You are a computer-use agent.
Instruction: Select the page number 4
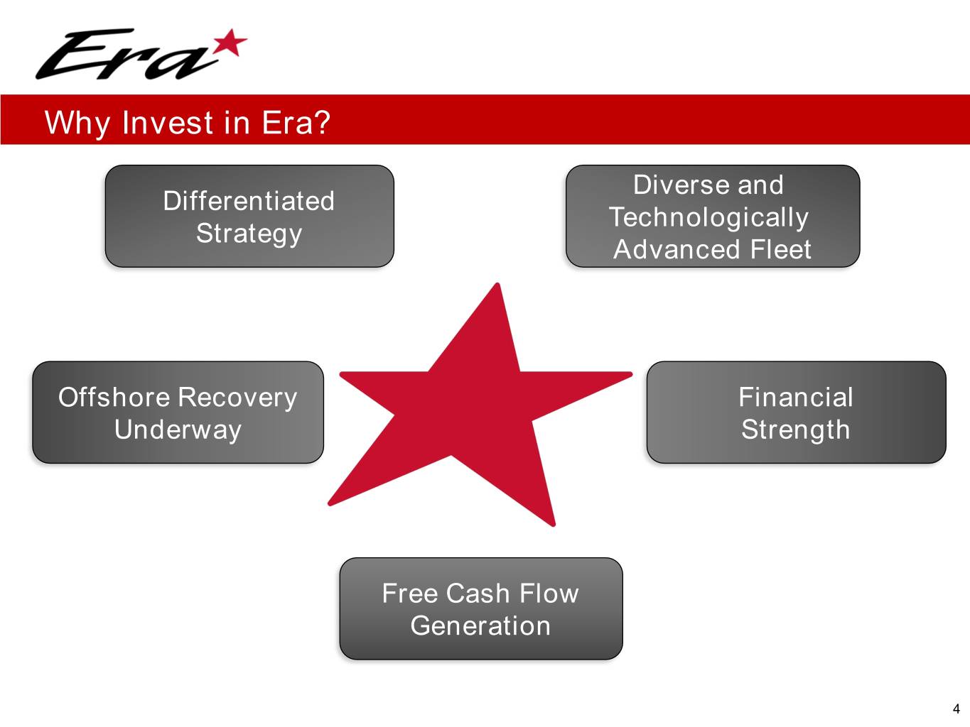(956, 709)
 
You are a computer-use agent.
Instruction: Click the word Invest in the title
(168, 122)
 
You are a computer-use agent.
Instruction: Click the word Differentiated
(249, 201)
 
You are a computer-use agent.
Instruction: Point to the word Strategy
(249, 234)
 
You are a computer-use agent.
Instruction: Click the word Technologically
(708, 218)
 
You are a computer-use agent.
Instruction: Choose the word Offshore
(114, 397)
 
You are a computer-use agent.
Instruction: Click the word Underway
(178, 430)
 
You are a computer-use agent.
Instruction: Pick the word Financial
(795, 397)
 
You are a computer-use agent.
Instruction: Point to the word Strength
(795, 430)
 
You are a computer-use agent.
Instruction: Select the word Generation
(480, 626)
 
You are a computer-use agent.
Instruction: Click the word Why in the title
(77, 123)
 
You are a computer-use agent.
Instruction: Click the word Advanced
(677, 249)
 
